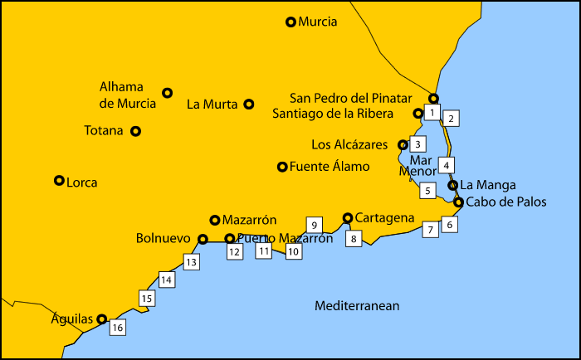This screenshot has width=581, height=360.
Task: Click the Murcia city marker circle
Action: pos(290,22)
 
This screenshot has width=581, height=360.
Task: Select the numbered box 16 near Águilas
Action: pos(117,328)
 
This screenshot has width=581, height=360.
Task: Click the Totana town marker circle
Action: pos(136,131)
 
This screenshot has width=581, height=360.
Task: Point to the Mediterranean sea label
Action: pos(357,306)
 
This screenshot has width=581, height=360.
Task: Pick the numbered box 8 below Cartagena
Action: pos(354,239)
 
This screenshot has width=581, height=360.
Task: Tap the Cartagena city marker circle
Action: pos(348,218)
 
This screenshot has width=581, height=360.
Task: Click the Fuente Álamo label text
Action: pos(330,167)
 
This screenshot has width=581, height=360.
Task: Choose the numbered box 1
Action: pos(432,112)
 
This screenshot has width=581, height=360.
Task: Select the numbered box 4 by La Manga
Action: pos(447,164)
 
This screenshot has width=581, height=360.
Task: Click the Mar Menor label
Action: pos(417,166)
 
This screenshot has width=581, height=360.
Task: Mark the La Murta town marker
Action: pos(249,105)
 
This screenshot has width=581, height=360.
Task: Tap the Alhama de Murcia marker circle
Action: pos(167,93)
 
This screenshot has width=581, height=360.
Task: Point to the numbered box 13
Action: pos(191,262)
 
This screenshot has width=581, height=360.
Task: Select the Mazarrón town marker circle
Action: pos(214,220)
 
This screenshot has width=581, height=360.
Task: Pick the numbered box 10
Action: pos(293,252)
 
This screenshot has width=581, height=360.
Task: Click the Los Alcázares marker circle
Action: pos(403,144)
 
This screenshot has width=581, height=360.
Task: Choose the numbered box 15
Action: pos(146,298)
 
